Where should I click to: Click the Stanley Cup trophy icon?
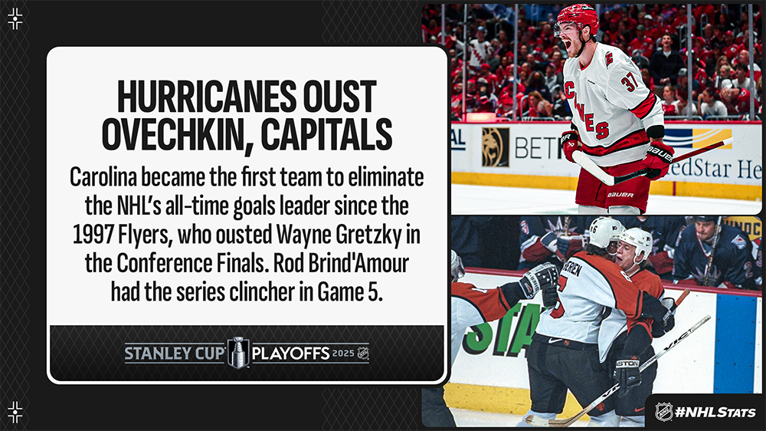coord(239,353)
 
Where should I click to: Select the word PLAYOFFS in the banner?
coord(291,354)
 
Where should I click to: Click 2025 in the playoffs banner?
coord(343,354)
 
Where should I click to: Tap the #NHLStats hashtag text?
coord(715,412)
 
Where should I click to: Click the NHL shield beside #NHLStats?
coord(663,412)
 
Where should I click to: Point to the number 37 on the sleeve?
coord(630,81)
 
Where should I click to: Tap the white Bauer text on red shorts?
coord(620,195)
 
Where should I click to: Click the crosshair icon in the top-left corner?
coord(15,18)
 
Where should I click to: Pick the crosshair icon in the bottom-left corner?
coord(15,412)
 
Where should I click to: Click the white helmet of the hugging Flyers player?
coord(637,241)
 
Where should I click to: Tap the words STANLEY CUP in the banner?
coord(175,354)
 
